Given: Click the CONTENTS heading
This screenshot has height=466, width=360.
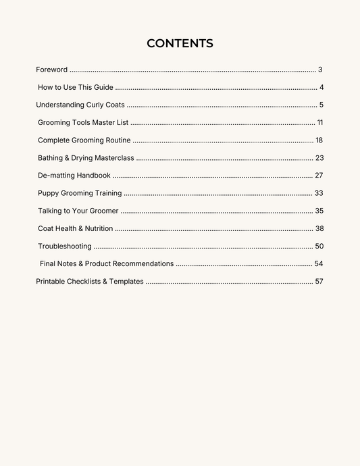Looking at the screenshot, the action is click(180, 44).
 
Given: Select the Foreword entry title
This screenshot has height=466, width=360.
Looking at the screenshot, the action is click(51, 70).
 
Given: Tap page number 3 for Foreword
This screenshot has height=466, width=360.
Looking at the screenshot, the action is click(320, 70).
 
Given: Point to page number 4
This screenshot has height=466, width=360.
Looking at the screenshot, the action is click(322, 87).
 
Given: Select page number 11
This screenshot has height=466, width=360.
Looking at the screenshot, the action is click(320, 122).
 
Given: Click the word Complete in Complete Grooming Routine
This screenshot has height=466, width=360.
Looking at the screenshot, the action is click(54, 140).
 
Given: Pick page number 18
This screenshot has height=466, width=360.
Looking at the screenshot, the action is click(319, 140).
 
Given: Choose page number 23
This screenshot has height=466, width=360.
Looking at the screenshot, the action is click(319, 158).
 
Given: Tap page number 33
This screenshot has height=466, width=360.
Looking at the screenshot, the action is click(319, 193).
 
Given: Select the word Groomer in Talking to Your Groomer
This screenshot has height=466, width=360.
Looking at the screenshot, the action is click(103, 211).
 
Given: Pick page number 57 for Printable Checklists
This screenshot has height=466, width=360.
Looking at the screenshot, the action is click(319, 281).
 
